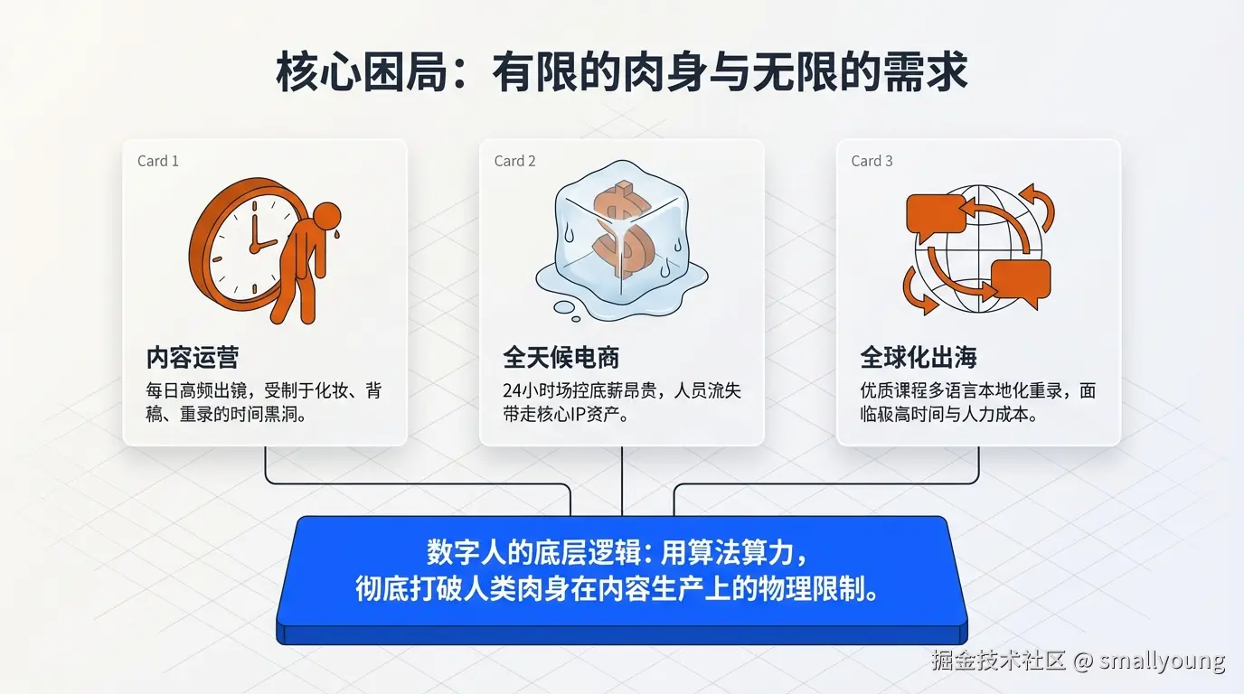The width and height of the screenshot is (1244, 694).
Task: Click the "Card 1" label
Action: click(157, 161)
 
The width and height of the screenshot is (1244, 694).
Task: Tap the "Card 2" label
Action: click(514, 161)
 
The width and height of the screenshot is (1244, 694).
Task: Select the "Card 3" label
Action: click(872, 161)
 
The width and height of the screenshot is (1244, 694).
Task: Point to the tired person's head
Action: click(326, 216)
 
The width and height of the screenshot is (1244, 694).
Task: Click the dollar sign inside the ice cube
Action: click(621, 230)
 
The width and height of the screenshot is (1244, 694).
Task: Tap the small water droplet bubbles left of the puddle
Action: click(565, 309)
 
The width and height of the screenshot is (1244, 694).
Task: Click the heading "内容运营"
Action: click(193, 358)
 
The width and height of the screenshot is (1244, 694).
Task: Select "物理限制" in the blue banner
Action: click(821, 590)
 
